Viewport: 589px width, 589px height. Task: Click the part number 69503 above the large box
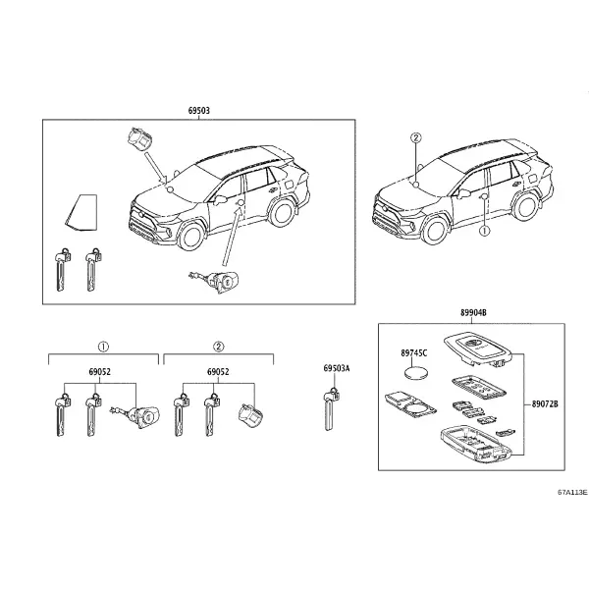click(198, 111)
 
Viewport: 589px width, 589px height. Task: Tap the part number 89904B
click(473, 312)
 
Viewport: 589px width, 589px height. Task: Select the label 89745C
click(414, 353)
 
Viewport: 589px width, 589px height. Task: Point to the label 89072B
click(545, 404)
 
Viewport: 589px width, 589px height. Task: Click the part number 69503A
click(337, 368)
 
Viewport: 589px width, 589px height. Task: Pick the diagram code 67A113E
click(572, 492)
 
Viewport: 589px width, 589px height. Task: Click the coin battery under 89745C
click(416, 374)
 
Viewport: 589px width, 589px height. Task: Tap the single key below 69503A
click(331, 409)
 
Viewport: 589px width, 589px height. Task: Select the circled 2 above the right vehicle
click(416, 138)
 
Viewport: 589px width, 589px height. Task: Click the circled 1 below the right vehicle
click(485, 231)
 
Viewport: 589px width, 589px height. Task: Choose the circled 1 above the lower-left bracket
click(103, 347)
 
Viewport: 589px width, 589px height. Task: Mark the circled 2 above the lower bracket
click(219, 347)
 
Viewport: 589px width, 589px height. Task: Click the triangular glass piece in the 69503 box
click(81, 212)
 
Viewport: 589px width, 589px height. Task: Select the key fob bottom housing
click(476, 444)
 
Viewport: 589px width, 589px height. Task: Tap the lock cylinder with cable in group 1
click(135, 416)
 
